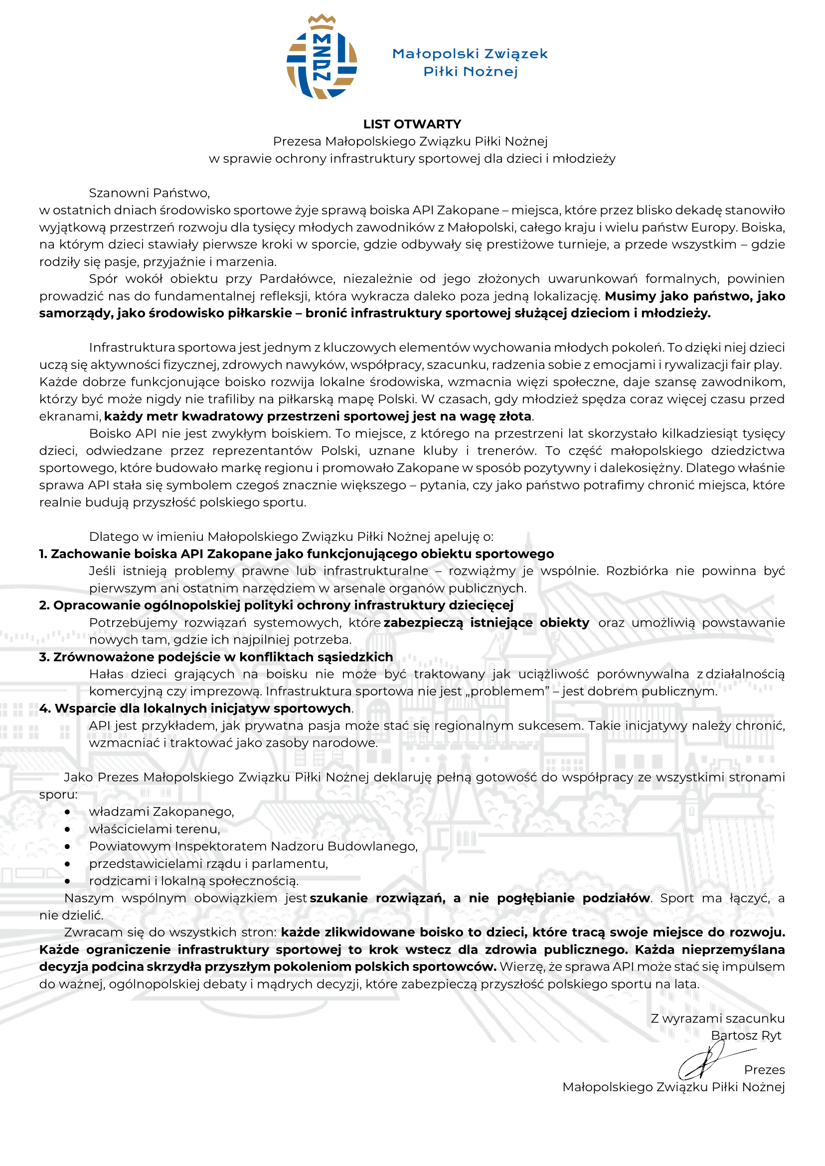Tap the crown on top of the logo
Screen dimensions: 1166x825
pyautogui.click(x=322, y=21)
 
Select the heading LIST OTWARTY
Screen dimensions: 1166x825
pyautogui.click(x=412, y=124)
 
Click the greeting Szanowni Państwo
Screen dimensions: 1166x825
pyautogui.click(x=150, y=193)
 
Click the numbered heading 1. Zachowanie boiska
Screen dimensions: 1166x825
pyautogui.click(x=296, y=554)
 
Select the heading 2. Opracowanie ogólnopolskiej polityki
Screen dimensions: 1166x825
pyautogui.click(x=276, y=605)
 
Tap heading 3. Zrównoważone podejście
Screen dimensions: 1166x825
pyautogui.click(x=216, y=657)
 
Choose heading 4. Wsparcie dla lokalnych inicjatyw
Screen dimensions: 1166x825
pyautogui.click(x=195, y=708)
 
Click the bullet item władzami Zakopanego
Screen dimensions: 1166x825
pyautogui.click(x=162, y=812)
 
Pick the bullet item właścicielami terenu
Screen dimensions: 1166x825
pyautogui.click(x=155, y=829)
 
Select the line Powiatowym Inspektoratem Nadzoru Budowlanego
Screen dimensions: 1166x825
pyautogui.click(x=253, y=846)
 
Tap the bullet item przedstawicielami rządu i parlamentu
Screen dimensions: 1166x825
pyautogui.click(x=208, y=863)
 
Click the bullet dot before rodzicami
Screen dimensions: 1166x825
pyautogui.click(x=67, y=881)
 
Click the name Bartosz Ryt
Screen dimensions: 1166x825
pyautogui.click(x=746, y=1035)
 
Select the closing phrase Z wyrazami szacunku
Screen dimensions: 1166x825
pyautogui.click(x=717, y=1018)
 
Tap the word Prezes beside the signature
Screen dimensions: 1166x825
pyautogui.click(x=764, y=1070)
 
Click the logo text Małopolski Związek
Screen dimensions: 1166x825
pyautogui.click(x=470, y=54)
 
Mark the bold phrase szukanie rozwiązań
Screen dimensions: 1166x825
pyautogui.click(x=377, y=898)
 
